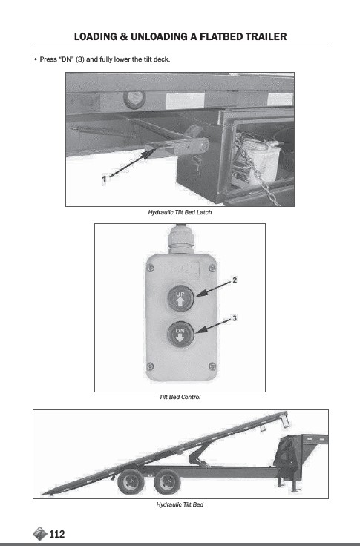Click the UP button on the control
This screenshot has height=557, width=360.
click(180, 297)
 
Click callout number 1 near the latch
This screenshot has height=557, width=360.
click(104, 179)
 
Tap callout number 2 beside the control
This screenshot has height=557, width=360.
click(235, 280)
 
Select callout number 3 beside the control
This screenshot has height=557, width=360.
click(235, 318)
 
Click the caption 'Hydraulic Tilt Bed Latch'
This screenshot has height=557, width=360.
click(180, 212)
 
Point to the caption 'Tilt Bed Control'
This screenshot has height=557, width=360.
click(180, 397)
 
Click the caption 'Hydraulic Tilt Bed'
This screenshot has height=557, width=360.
click(180, 504)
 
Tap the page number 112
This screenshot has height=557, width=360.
click(57, 534)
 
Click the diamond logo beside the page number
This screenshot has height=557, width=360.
click(40, 534)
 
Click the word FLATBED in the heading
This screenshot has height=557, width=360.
click(222, 36)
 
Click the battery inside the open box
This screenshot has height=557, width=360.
click(256, 162)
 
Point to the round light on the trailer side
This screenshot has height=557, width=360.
click(134, 99)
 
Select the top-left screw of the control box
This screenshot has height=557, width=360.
click(151, 268)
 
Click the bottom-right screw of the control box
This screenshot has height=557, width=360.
click(212, 366)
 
